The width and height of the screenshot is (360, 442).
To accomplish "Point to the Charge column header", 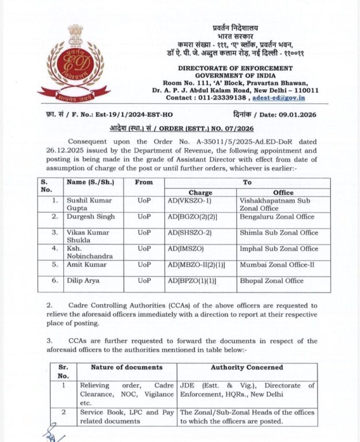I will pos(200,192).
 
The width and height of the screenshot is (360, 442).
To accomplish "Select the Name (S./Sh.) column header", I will pos(90,182).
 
